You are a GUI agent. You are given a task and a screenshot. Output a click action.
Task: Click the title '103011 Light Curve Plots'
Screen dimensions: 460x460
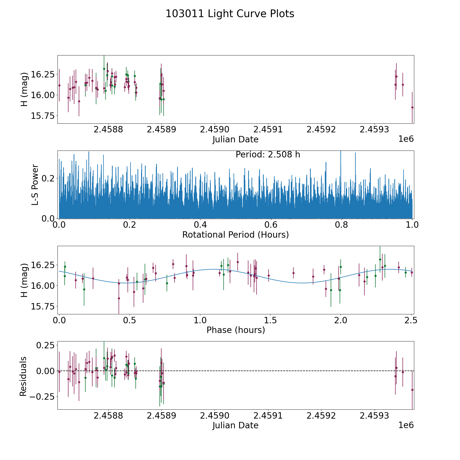(x=230, y=14)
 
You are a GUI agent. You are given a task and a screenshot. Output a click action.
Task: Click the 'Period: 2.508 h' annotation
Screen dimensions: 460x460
(x=268, y=155)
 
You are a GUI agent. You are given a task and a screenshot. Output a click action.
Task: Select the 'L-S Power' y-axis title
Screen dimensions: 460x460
(x=35, y=185)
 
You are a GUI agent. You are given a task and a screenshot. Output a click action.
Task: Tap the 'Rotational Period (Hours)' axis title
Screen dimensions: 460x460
(x=235, y=235)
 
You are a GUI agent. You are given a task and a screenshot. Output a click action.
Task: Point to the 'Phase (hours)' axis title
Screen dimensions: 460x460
(x=236, y=330)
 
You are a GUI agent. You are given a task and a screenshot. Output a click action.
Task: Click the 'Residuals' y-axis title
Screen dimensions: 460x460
(x=23, y=376)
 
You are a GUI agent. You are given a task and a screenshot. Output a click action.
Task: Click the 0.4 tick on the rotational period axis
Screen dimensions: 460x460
(x=200, y=225)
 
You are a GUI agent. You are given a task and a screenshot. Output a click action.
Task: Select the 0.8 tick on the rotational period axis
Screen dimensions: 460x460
(x=342, y=225)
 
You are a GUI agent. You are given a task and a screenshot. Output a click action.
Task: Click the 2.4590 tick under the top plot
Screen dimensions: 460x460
(x=215, y=130)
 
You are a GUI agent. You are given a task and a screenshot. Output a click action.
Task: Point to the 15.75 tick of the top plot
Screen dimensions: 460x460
(x=43, y=116)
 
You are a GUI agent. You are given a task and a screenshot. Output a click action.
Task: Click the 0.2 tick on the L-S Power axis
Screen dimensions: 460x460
(x=49, y=178)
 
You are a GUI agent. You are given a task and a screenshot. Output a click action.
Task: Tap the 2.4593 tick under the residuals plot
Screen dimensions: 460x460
(x=374, y=416)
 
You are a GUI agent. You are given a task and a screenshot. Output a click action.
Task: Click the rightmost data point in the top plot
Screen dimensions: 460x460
(x=412, y=107)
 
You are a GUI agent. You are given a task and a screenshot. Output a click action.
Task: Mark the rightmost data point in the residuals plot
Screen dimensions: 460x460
(x=412, y=390)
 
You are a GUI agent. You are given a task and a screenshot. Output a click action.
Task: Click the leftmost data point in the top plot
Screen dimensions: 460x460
(x=59, y=85)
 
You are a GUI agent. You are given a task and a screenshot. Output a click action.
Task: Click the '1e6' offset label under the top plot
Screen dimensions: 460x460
(x=406, y=139)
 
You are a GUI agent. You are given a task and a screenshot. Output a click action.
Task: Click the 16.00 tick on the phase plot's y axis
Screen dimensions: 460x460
(x=43, y=286)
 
